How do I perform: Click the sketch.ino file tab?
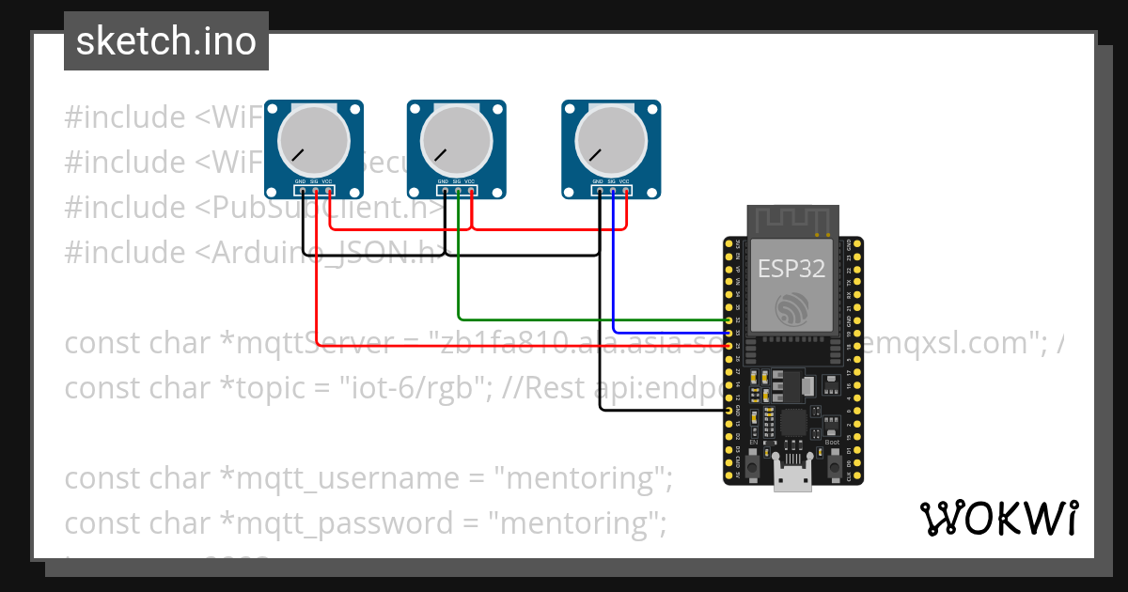[166, 41]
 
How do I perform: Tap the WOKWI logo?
[998, 518]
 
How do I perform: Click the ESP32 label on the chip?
[791, 269]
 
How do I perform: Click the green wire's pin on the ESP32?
[730, 320]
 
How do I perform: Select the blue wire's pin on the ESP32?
[730, 333]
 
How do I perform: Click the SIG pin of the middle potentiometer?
[458, 192]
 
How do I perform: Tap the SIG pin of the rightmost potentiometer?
[613, 192]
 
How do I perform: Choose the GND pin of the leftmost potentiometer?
[302, 192]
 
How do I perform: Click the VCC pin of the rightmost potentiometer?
[626, 192]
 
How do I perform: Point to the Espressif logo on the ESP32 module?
[791, 310]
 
